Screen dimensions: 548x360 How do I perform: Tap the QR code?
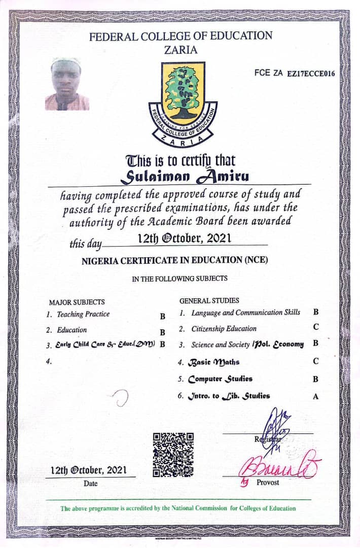point(173,455)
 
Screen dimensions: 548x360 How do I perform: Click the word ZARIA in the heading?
point(181,50)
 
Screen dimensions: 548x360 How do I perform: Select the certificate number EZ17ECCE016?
point(311,74)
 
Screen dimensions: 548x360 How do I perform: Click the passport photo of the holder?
point(67,84)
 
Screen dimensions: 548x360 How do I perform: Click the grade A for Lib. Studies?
point(315,397)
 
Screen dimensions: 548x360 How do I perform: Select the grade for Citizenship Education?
point(315,329)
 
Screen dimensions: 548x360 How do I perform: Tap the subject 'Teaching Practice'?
point(83,315)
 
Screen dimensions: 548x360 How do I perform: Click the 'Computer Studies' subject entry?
point(220,379)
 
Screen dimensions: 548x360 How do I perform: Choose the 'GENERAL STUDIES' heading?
point(209,301)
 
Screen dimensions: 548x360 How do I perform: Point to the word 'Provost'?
point(268,483)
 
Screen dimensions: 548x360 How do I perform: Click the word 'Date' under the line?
point(91,484)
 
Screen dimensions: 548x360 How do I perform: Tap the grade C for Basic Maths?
point(315,362)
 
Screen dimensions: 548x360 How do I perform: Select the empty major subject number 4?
point(48,362)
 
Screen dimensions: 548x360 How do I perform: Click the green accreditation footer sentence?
point(178,508)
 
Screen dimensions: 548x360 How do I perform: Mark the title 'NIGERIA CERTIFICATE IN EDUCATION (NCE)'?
point(174,260)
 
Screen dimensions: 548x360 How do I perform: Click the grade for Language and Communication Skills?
point(315,313)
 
